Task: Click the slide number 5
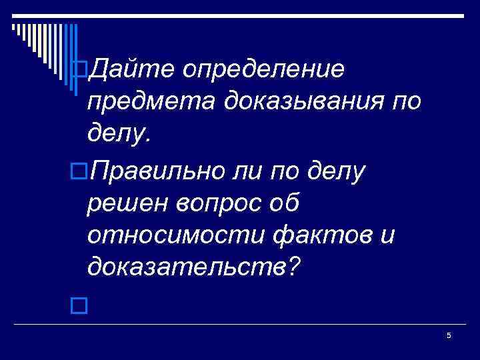(x=449, y=335)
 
